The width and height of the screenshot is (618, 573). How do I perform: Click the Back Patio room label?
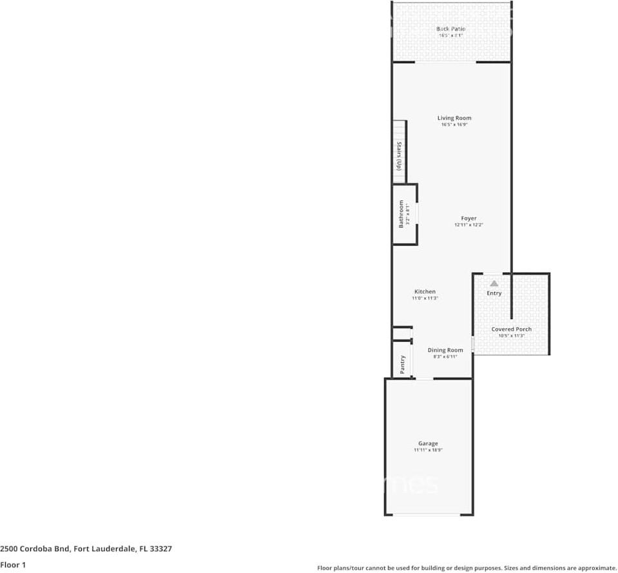coord(450,29)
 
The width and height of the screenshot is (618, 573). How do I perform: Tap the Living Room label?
coord(454,118)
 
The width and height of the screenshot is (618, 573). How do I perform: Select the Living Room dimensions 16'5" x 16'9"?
coord(454,125)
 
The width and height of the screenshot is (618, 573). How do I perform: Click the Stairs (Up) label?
coord(400,156)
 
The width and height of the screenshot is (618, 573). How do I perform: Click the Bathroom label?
coord(400,214)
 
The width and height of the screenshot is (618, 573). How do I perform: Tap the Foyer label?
coord(468,219)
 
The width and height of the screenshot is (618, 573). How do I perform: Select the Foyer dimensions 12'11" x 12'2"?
coord(468,225)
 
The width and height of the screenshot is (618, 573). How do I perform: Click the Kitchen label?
coord(425,292)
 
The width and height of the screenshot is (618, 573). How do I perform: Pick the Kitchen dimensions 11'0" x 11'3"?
coord(425,298)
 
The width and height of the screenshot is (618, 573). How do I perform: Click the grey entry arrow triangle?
coord(494,283)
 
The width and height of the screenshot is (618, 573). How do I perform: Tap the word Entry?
coord(494,293)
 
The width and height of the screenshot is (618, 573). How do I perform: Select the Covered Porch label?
coord(512,329)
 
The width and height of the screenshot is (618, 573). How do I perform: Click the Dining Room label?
coord(445,351)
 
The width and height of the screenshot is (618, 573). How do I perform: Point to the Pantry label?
coord(403,364)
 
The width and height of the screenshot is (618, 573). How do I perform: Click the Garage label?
coord(428,443)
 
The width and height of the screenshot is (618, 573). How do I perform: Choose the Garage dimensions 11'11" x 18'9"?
coord(428,451)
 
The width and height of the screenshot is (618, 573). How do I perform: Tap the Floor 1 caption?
coord(13,565)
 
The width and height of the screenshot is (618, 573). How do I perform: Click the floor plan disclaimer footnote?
coord(467,568)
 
